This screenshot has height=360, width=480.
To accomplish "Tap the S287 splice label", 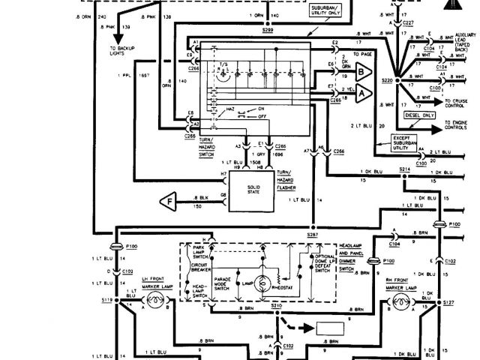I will click(x=312, y=234).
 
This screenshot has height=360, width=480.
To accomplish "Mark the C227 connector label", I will click(x=409, y=23).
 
